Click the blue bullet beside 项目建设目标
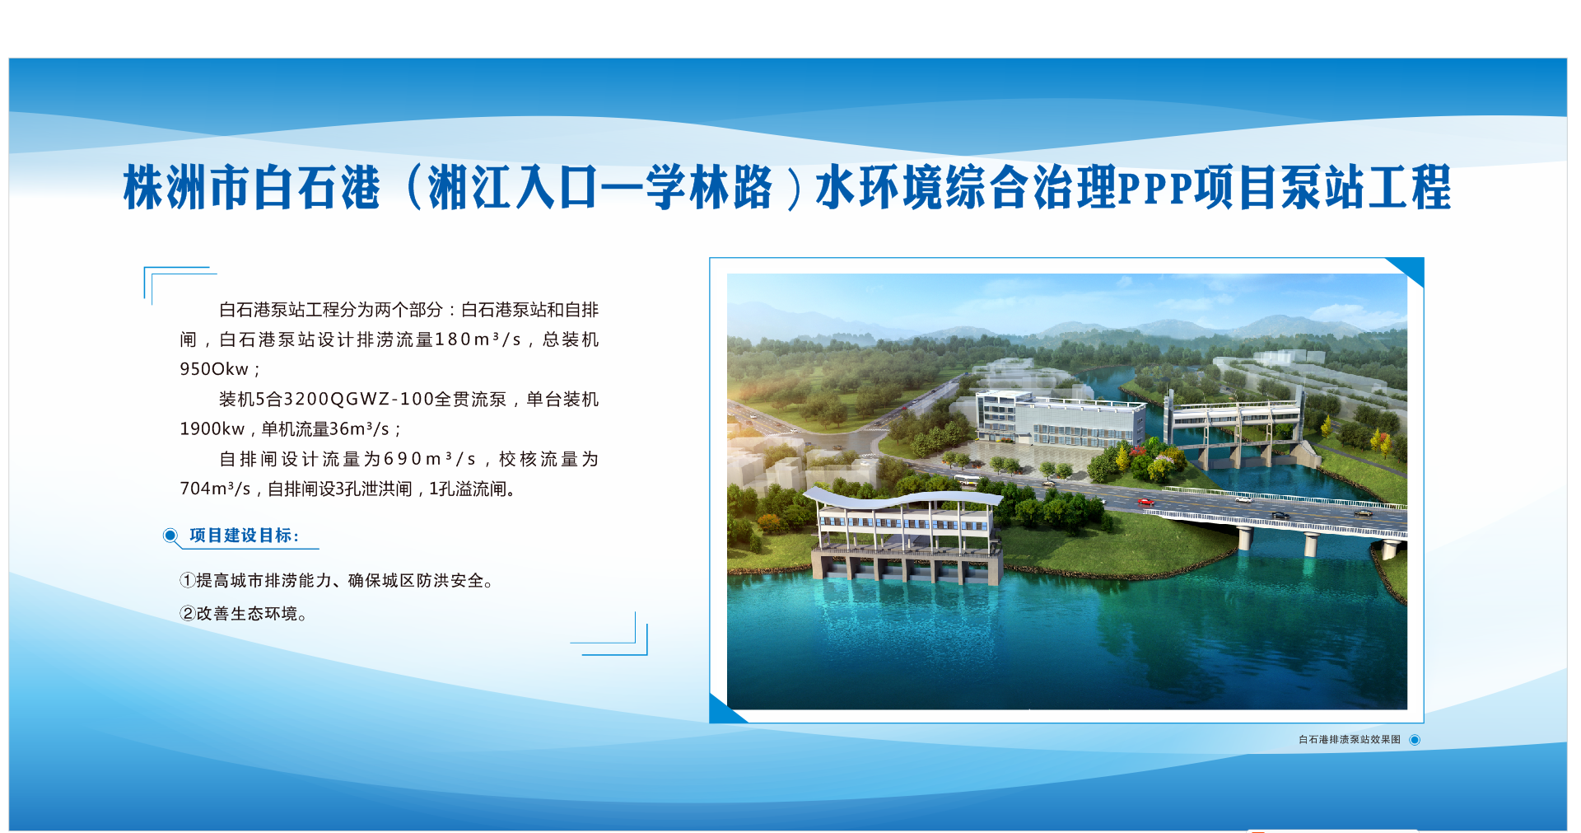point(170,536)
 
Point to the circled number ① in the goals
point(188,581)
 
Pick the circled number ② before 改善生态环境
point(188,614)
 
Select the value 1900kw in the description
point(212,429)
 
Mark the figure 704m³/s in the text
point(215,489)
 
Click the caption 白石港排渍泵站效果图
point(1350,740)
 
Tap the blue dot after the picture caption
point(1415,740)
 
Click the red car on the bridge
point(1145,501)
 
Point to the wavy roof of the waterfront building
point(902,498)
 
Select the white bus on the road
point(967,480)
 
